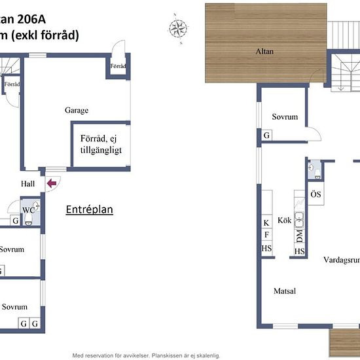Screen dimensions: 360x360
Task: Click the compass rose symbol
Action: [177, 28]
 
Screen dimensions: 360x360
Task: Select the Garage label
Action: [76, 111]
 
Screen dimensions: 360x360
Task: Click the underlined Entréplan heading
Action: [90, 210]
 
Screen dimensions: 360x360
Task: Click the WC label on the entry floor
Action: [28, 210]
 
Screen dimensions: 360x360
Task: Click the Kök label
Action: [284, 220]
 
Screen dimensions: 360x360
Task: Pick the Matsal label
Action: [284, 291]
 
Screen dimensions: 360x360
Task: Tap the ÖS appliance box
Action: [315, 195]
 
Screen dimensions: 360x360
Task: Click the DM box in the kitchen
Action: [299, 234]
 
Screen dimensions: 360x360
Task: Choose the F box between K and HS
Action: [266, 236]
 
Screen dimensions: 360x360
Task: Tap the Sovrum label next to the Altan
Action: [285, 117]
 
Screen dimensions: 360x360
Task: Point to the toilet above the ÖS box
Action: [316, 172]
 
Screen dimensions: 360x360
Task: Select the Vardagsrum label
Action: [341, 260]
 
